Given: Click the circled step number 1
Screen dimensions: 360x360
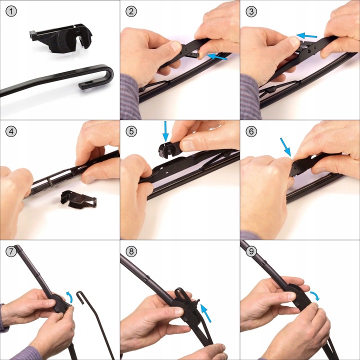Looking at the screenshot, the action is [11, 11].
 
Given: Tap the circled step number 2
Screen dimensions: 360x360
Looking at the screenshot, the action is [131, 11].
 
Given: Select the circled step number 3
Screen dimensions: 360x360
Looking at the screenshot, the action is [251, 11].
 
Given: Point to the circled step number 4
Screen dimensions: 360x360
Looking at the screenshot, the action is [11, 131].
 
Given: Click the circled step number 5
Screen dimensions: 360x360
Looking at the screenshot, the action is [131, 131].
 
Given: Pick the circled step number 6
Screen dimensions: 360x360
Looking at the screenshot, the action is [251, 131].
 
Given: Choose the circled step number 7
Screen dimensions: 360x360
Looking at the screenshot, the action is [11, 251].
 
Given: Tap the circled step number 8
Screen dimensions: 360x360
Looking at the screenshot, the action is [131, 251].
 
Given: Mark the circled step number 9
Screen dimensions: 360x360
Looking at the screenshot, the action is [251, 251].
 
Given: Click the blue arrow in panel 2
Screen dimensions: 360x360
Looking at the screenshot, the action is [216, 57].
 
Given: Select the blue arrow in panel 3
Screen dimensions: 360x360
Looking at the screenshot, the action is [306, 35].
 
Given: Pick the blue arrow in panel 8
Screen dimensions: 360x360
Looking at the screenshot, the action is [205, 312].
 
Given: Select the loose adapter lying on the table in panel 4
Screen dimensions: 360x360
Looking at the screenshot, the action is [78, 199].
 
